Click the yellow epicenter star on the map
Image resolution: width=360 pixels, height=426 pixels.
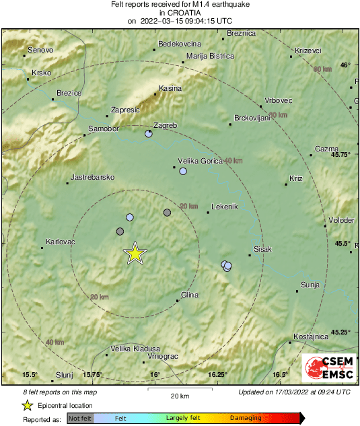click(x=135, y=254)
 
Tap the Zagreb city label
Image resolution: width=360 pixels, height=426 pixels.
click(x=166, y=126)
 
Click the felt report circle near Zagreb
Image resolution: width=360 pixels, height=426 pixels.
click(x=149, y=134)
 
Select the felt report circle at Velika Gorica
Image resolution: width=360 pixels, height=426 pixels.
click(x=183, y=172)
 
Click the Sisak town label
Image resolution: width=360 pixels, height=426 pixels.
click(x=262, y=249)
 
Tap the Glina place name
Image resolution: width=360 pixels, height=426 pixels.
click(x=190, y=295)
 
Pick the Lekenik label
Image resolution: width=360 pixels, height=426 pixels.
click(x=225, y=207)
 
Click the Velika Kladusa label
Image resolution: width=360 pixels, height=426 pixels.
click(x=135, y=349)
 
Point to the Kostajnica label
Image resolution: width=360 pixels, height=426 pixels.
click(x=311, y=336)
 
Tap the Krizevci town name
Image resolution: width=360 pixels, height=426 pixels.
click(x=308, y=50)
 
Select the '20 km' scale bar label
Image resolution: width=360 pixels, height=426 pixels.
click(x=179, y=396)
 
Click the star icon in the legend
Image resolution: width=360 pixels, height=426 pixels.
click(x=28, y=405)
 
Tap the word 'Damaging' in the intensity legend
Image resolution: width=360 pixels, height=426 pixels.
click(x=246, y=418)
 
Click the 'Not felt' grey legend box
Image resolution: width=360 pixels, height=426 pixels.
click(x=81, y=419)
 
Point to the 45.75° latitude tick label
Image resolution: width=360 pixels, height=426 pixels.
click(x=341, y=154)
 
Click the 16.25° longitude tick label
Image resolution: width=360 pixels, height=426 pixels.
click(x=217, y=374)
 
